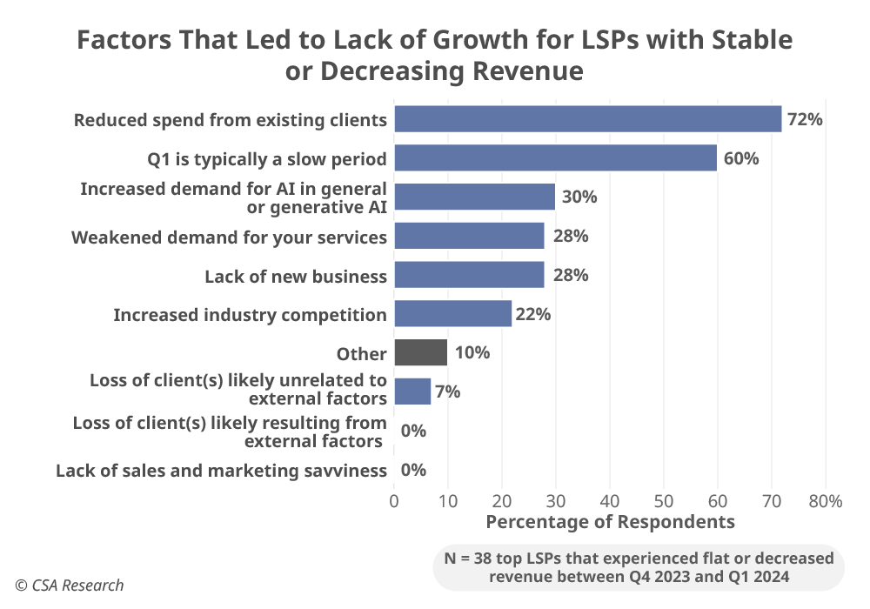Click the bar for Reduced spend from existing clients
coord(587,119)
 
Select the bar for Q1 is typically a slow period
coord(555,158)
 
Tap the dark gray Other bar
coord(420,352)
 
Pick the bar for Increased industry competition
coord(452,314)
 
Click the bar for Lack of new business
coord(469,275)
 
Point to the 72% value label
coord(805,120)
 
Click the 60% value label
coord(740,158)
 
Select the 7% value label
coord(447,391)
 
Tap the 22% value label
coord(532,314)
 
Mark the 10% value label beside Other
coord(472,352)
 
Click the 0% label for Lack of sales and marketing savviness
coord(413,470)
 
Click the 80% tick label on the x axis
coord(825,501)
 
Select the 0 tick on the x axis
coord(394,501)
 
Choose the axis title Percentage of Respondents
coord(610,522)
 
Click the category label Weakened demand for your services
coord(229,237)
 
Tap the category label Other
coord(361,354)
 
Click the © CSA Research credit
coord(69,586)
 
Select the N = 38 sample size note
coord(638,567)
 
